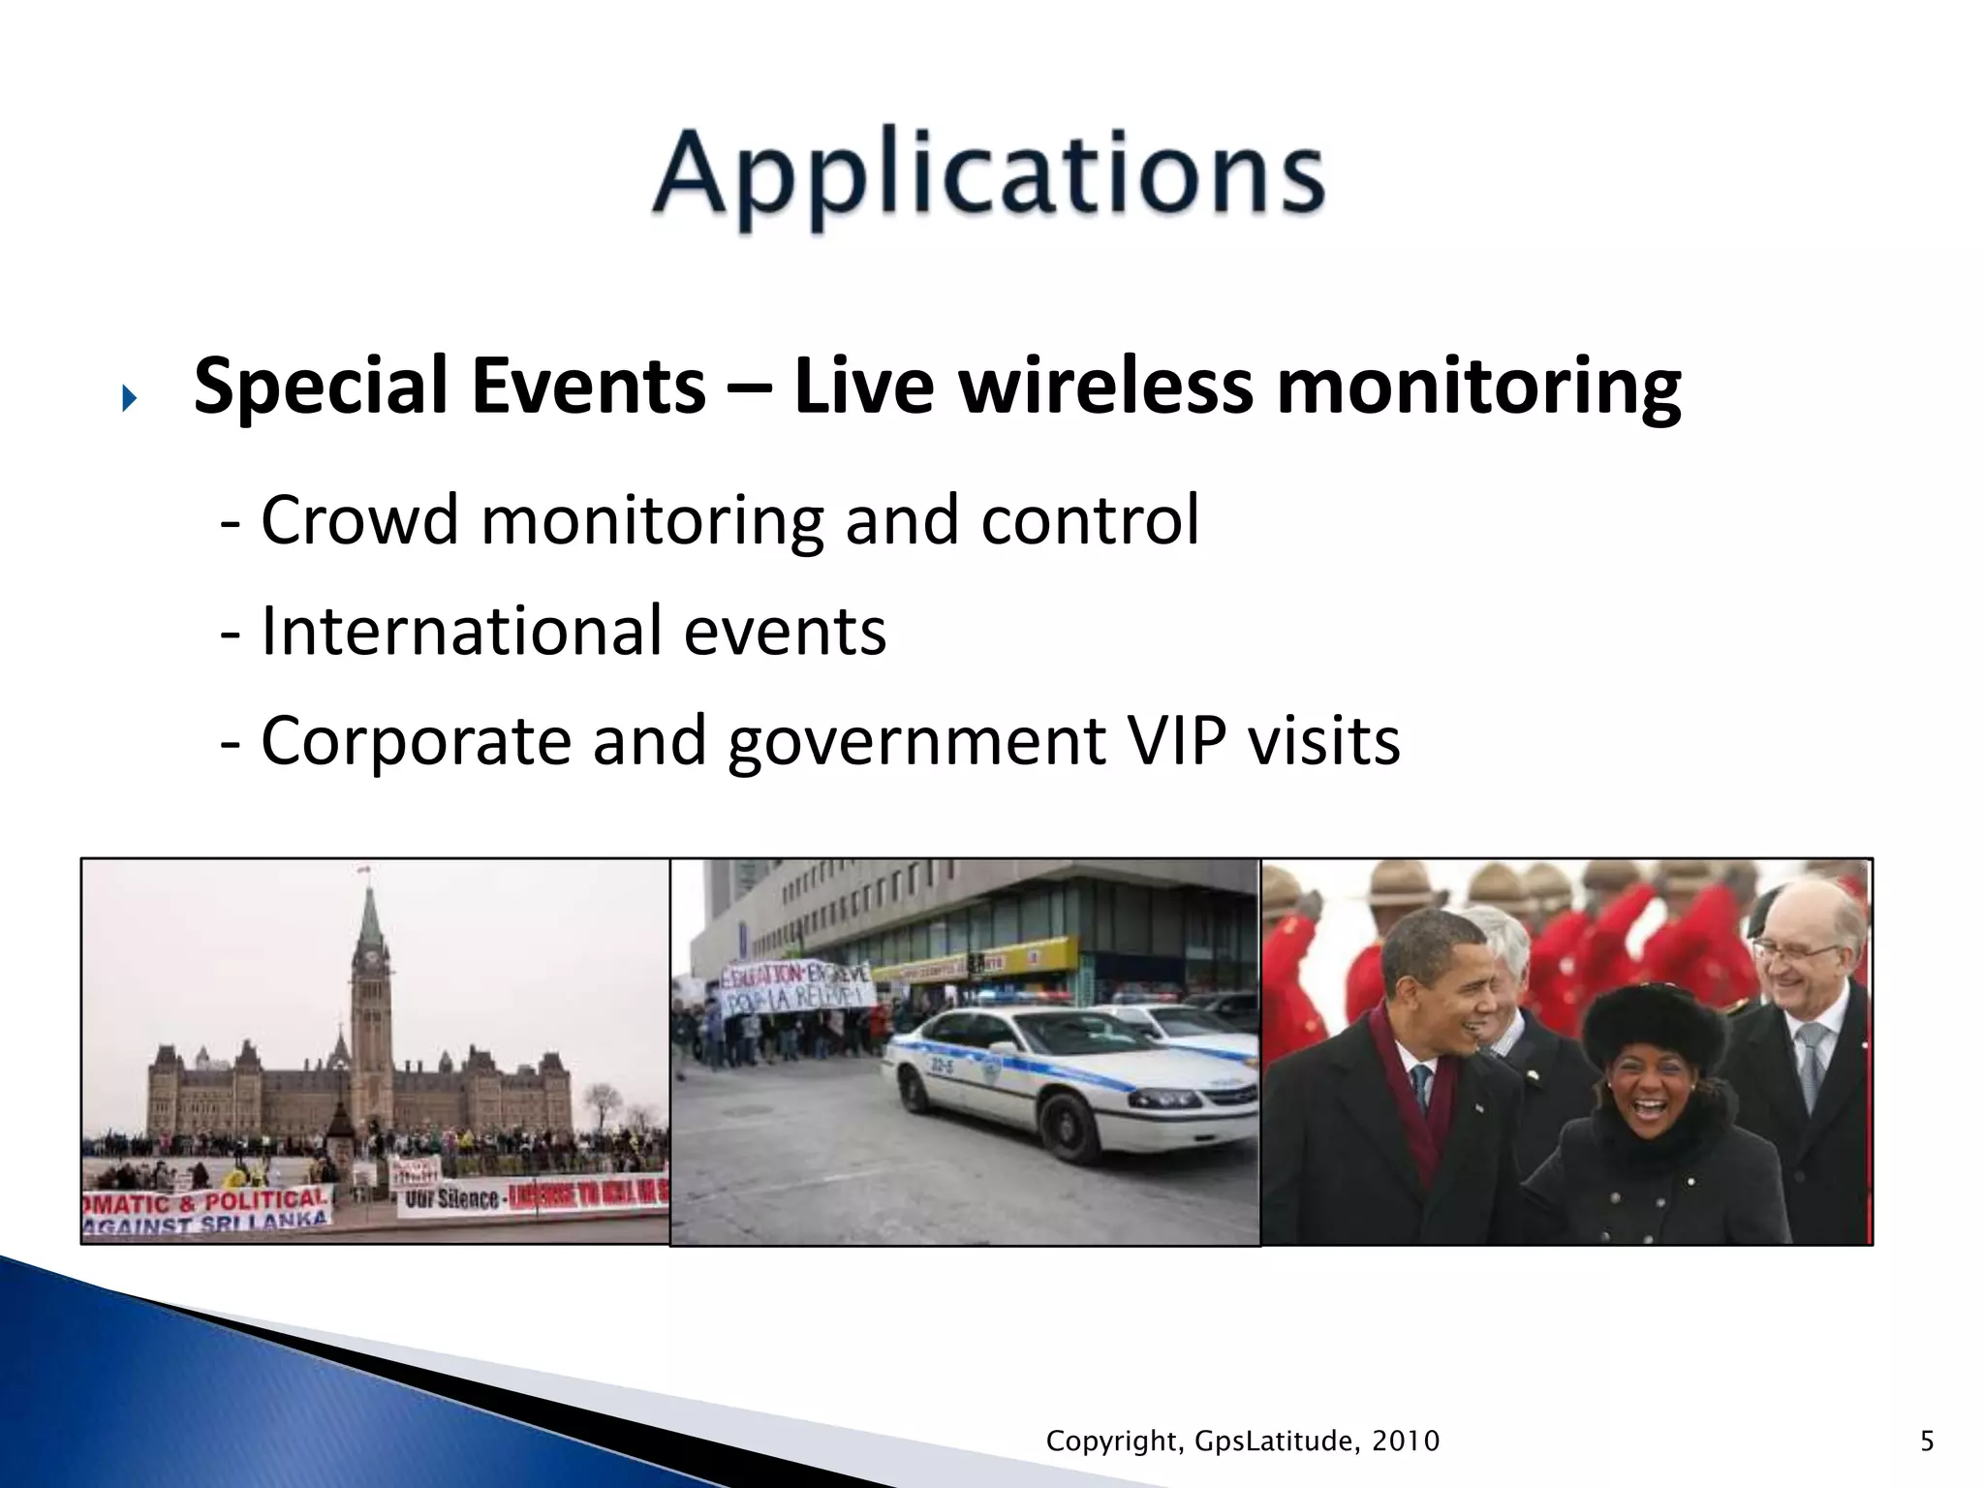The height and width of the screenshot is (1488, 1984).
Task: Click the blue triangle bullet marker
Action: (130, 398)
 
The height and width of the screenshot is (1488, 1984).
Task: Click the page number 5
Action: (1927, 1441)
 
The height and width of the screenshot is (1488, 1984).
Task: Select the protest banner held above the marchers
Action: (794, 988)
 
